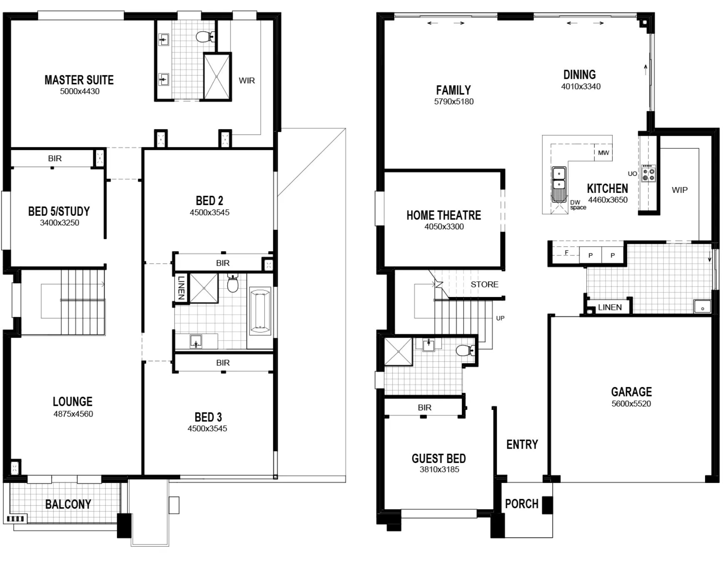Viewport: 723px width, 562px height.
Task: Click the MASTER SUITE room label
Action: (x=79, y=80)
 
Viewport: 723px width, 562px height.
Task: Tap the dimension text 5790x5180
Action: (x=454, y=102)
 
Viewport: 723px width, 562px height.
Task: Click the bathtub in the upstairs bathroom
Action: (x=260, y=311)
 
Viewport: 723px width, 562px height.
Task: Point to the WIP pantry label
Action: (x=680, y=190)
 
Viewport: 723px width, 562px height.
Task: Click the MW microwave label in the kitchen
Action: (x=603, y=153)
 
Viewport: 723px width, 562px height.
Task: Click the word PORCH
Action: (x=521, y=504)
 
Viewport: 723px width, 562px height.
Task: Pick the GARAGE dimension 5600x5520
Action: (x=631, y=404)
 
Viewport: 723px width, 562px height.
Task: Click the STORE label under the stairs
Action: (x=484, y=285)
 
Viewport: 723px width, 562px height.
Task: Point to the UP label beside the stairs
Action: (x=500, y=318)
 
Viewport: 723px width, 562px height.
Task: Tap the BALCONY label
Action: (x=68, y=505)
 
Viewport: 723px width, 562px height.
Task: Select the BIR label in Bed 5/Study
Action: (x=55, y=159)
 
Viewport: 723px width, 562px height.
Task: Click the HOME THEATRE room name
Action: (x=444, y=215)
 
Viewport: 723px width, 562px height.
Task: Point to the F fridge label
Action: (x=566, y=252)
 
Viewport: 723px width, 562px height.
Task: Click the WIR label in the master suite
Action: (x=247, y=81)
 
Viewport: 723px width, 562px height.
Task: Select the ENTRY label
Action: (x=522, y=445)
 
